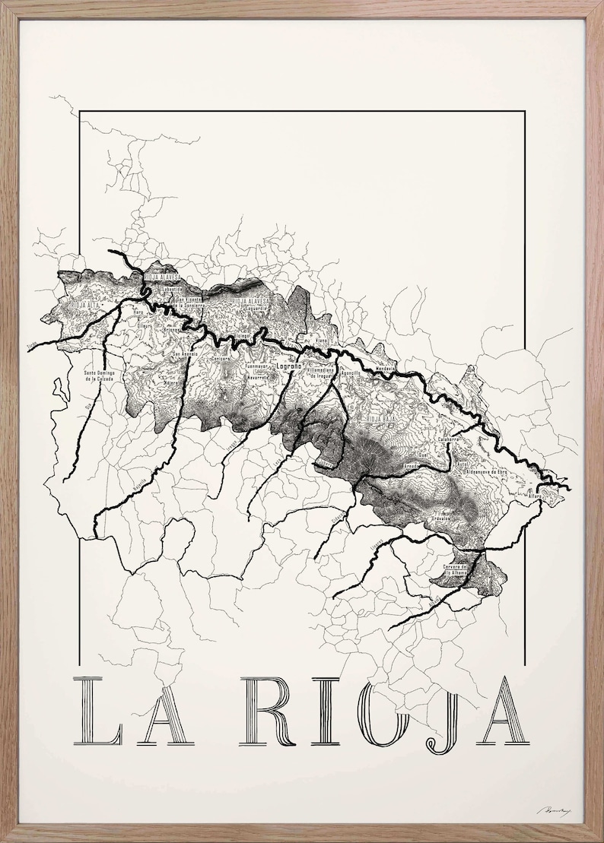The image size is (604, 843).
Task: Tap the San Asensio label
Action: click(186, 354)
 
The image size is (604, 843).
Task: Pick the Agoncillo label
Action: click(350, 373)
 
